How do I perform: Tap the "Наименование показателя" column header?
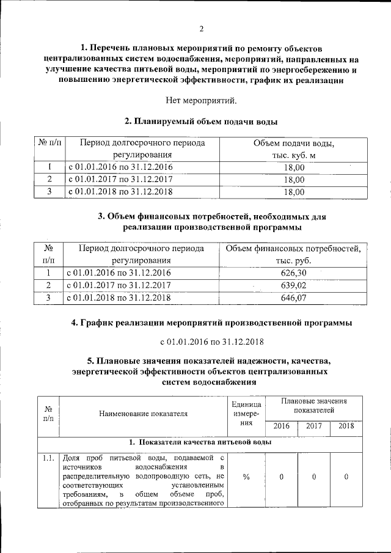(x=144, y=414)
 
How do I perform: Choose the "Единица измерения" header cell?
(x=246, y=414)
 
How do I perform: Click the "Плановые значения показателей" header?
(x=313, y=406)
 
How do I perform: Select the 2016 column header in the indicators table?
(x=282, y=426)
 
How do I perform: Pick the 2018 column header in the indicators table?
(x=346, y=426)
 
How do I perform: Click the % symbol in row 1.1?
(x=246, y=477)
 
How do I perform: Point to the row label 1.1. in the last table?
(x=48, y=457)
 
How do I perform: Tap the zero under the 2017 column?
(x=313, y=477)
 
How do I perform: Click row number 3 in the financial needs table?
(x=48, y=298)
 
